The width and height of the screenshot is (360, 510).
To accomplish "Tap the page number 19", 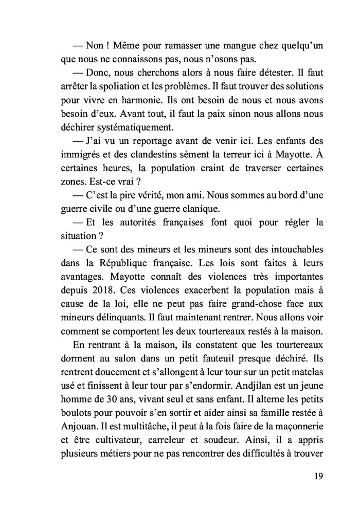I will click(x=318, y=476).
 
